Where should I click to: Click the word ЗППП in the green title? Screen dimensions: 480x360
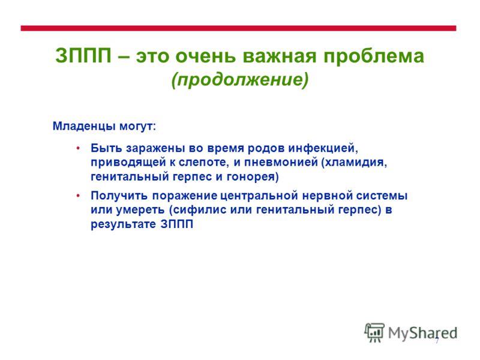coord(83,56)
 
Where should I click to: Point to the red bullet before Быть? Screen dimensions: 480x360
coord(78,148)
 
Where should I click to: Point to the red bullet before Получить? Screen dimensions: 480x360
coord(78,196)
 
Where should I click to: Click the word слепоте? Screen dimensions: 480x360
coord(203,162)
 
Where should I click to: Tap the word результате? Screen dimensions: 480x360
coord(124,224)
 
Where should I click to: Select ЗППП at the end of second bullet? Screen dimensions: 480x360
coord(176,224)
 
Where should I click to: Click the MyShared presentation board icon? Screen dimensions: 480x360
coord(374,332)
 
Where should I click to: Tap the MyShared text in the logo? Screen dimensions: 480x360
coord(423,334)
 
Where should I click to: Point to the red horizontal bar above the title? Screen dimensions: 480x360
coord(238,28)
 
